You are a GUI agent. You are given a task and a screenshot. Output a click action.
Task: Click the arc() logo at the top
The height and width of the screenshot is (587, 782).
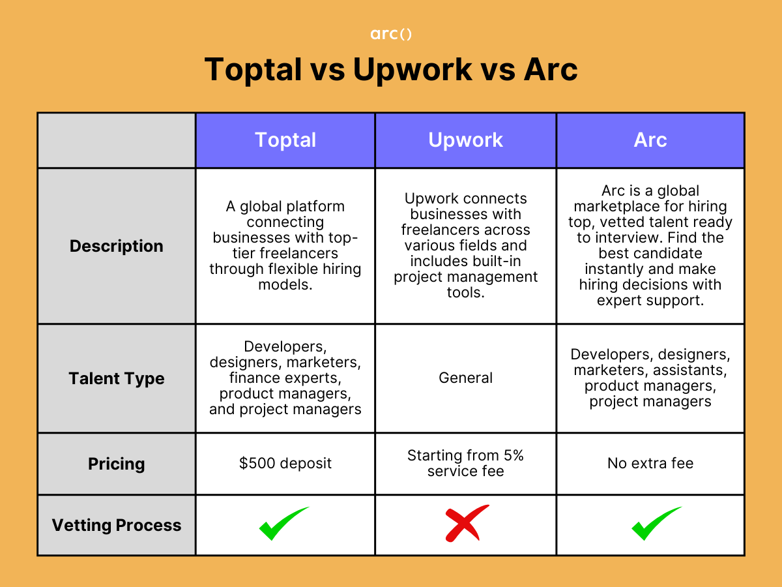[391, 34]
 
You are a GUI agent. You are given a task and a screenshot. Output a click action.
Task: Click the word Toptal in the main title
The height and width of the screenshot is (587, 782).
[253, 69]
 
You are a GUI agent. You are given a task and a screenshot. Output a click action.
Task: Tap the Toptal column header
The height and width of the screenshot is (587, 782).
[285, 140]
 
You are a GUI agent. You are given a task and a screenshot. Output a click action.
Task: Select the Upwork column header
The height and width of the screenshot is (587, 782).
[465, 140]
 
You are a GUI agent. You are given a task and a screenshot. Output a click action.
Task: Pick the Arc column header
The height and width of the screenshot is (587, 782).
[650, 140]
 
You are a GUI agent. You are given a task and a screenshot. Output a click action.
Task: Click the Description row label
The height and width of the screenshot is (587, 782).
[117, 246]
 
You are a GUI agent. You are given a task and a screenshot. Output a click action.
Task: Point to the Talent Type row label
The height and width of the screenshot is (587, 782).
[117, 378]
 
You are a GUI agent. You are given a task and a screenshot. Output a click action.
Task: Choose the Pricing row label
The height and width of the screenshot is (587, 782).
[117, 464]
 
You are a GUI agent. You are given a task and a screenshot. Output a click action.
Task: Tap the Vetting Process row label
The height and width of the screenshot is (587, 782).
[117, 525]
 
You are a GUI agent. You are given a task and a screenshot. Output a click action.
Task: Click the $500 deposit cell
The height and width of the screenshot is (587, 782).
[285, 464]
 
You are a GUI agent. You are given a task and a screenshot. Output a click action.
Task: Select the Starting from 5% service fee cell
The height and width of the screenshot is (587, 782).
[465, 463]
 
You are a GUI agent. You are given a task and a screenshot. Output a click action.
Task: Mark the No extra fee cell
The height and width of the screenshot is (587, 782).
[650, 464]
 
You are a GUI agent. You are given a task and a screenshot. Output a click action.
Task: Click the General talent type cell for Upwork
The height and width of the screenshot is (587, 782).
[465, 378]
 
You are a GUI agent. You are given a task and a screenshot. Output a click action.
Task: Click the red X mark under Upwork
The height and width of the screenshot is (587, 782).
[467, 524]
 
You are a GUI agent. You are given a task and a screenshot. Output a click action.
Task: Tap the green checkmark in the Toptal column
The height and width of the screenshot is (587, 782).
[283, 524]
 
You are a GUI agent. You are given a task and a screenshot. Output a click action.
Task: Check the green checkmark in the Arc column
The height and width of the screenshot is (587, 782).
[656, 524]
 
